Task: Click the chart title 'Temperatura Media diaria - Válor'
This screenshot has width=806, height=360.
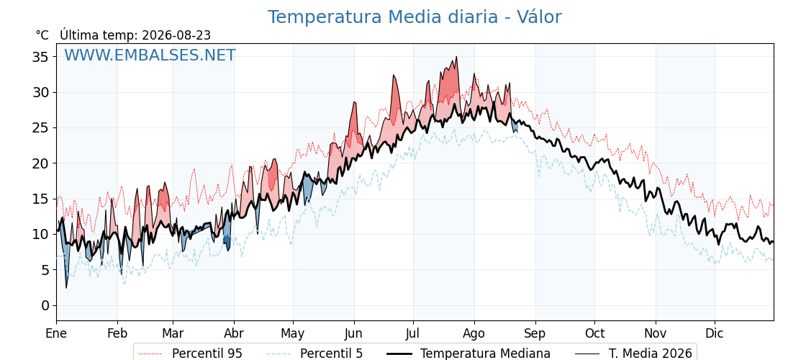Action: tap(415, 17)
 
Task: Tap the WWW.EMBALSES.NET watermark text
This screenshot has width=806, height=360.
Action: tap(150, 55)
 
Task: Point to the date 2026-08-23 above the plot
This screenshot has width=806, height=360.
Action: tap(176, 35)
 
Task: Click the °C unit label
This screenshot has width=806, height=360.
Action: tap(42, 35)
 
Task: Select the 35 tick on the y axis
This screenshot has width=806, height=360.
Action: tap(40, 57)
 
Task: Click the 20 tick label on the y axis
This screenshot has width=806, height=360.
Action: tap(40, 163)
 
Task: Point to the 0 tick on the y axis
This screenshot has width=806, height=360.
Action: tap(45, 305)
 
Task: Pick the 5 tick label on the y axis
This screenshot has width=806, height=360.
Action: tap(45, 270)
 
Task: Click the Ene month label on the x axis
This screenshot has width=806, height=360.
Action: tap(57, 333)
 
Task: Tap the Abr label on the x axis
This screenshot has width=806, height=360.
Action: tap(234, 333)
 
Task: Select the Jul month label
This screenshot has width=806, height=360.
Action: tap(413, 333)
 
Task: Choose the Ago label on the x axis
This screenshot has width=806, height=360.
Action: tap(474, 333)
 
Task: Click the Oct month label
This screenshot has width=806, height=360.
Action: tap(594, 333)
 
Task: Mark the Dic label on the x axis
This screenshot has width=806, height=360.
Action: tap(715, 333)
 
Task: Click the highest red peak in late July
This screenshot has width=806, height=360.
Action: tap(456, 57)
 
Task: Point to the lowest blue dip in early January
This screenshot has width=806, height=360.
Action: tap(65, 287)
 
